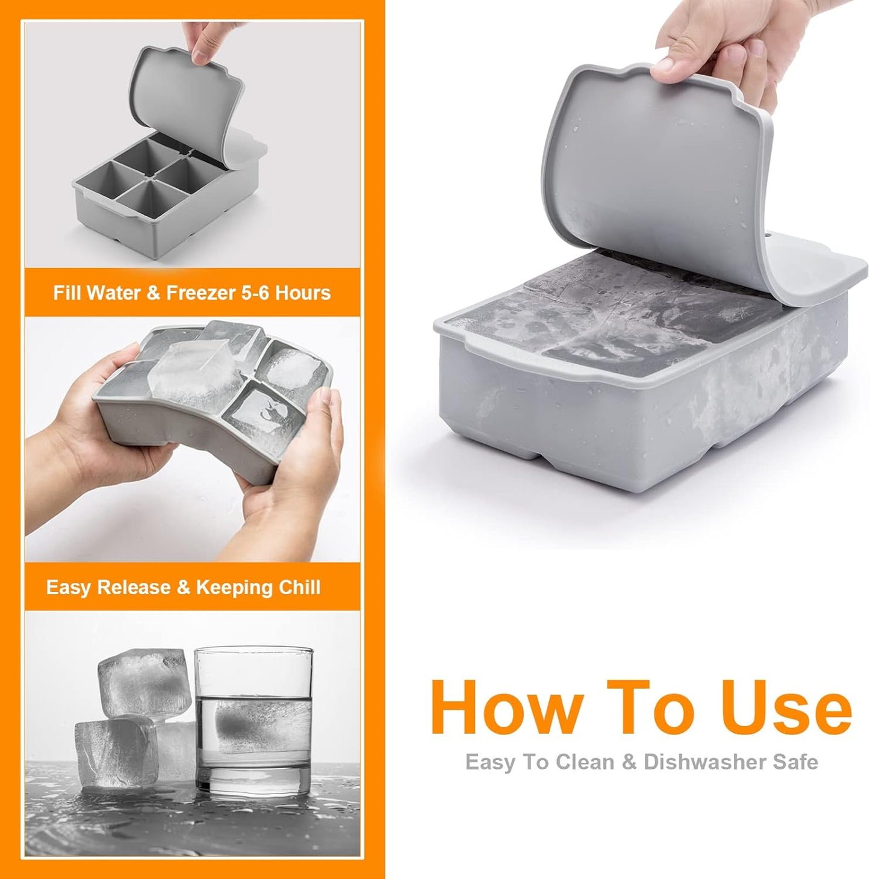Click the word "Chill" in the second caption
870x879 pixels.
click(299, 587)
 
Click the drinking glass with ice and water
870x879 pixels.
click(253, 719)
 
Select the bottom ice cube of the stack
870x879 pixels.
click(116, 753)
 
